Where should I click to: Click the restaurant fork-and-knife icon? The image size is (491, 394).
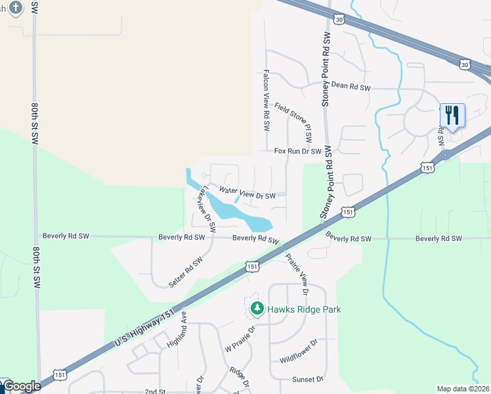tap(452, 116)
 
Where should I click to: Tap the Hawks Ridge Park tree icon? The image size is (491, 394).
tap(257, 308)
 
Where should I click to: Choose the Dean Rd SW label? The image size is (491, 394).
tap(351, 86)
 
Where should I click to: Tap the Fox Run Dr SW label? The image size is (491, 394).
tap(297, 151)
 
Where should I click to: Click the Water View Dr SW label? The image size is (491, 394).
tap(247, 192)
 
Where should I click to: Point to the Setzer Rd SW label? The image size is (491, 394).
tap(185, 271)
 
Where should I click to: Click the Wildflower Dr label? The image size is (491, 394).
tap(299, 351)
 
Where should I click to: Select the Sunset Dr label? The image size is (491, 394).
tap(308, 380)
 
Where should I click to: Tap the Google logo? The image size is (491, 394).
tap(21, 386)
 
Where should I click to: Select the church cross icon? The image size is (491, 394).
tap(16, 7)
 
